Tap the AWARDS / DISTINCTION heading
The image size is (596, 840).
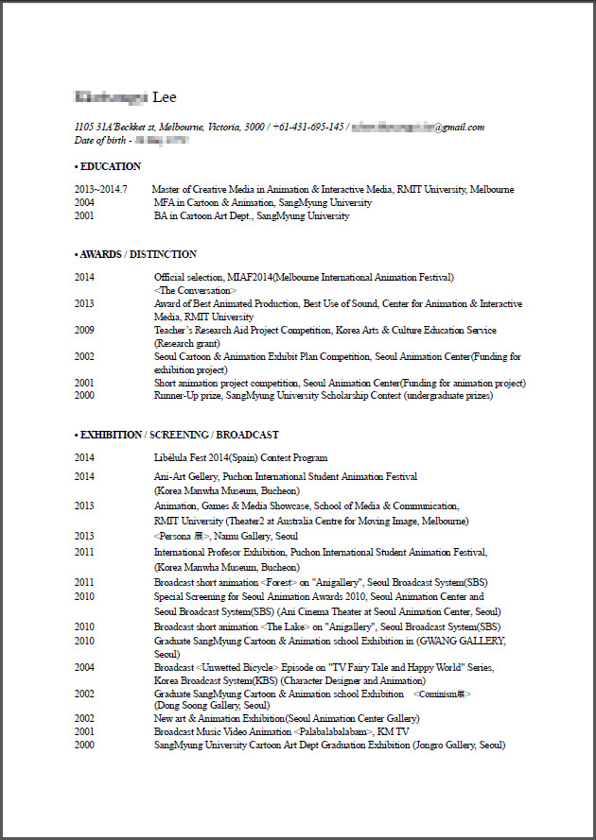138,254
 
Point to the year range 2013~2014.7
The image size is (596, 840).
101,189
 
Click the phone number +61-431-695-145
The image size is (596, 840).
308,127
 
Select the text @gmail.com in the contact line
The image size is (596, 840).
459,127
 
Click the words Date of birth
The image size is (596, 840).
100,140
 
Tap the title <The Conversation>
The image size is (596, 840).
196,290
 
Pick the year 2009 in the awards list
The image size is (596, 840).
85,331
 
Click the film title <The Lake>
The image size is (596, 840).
287,626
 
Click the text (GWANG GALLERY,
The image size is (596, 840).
465,641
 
